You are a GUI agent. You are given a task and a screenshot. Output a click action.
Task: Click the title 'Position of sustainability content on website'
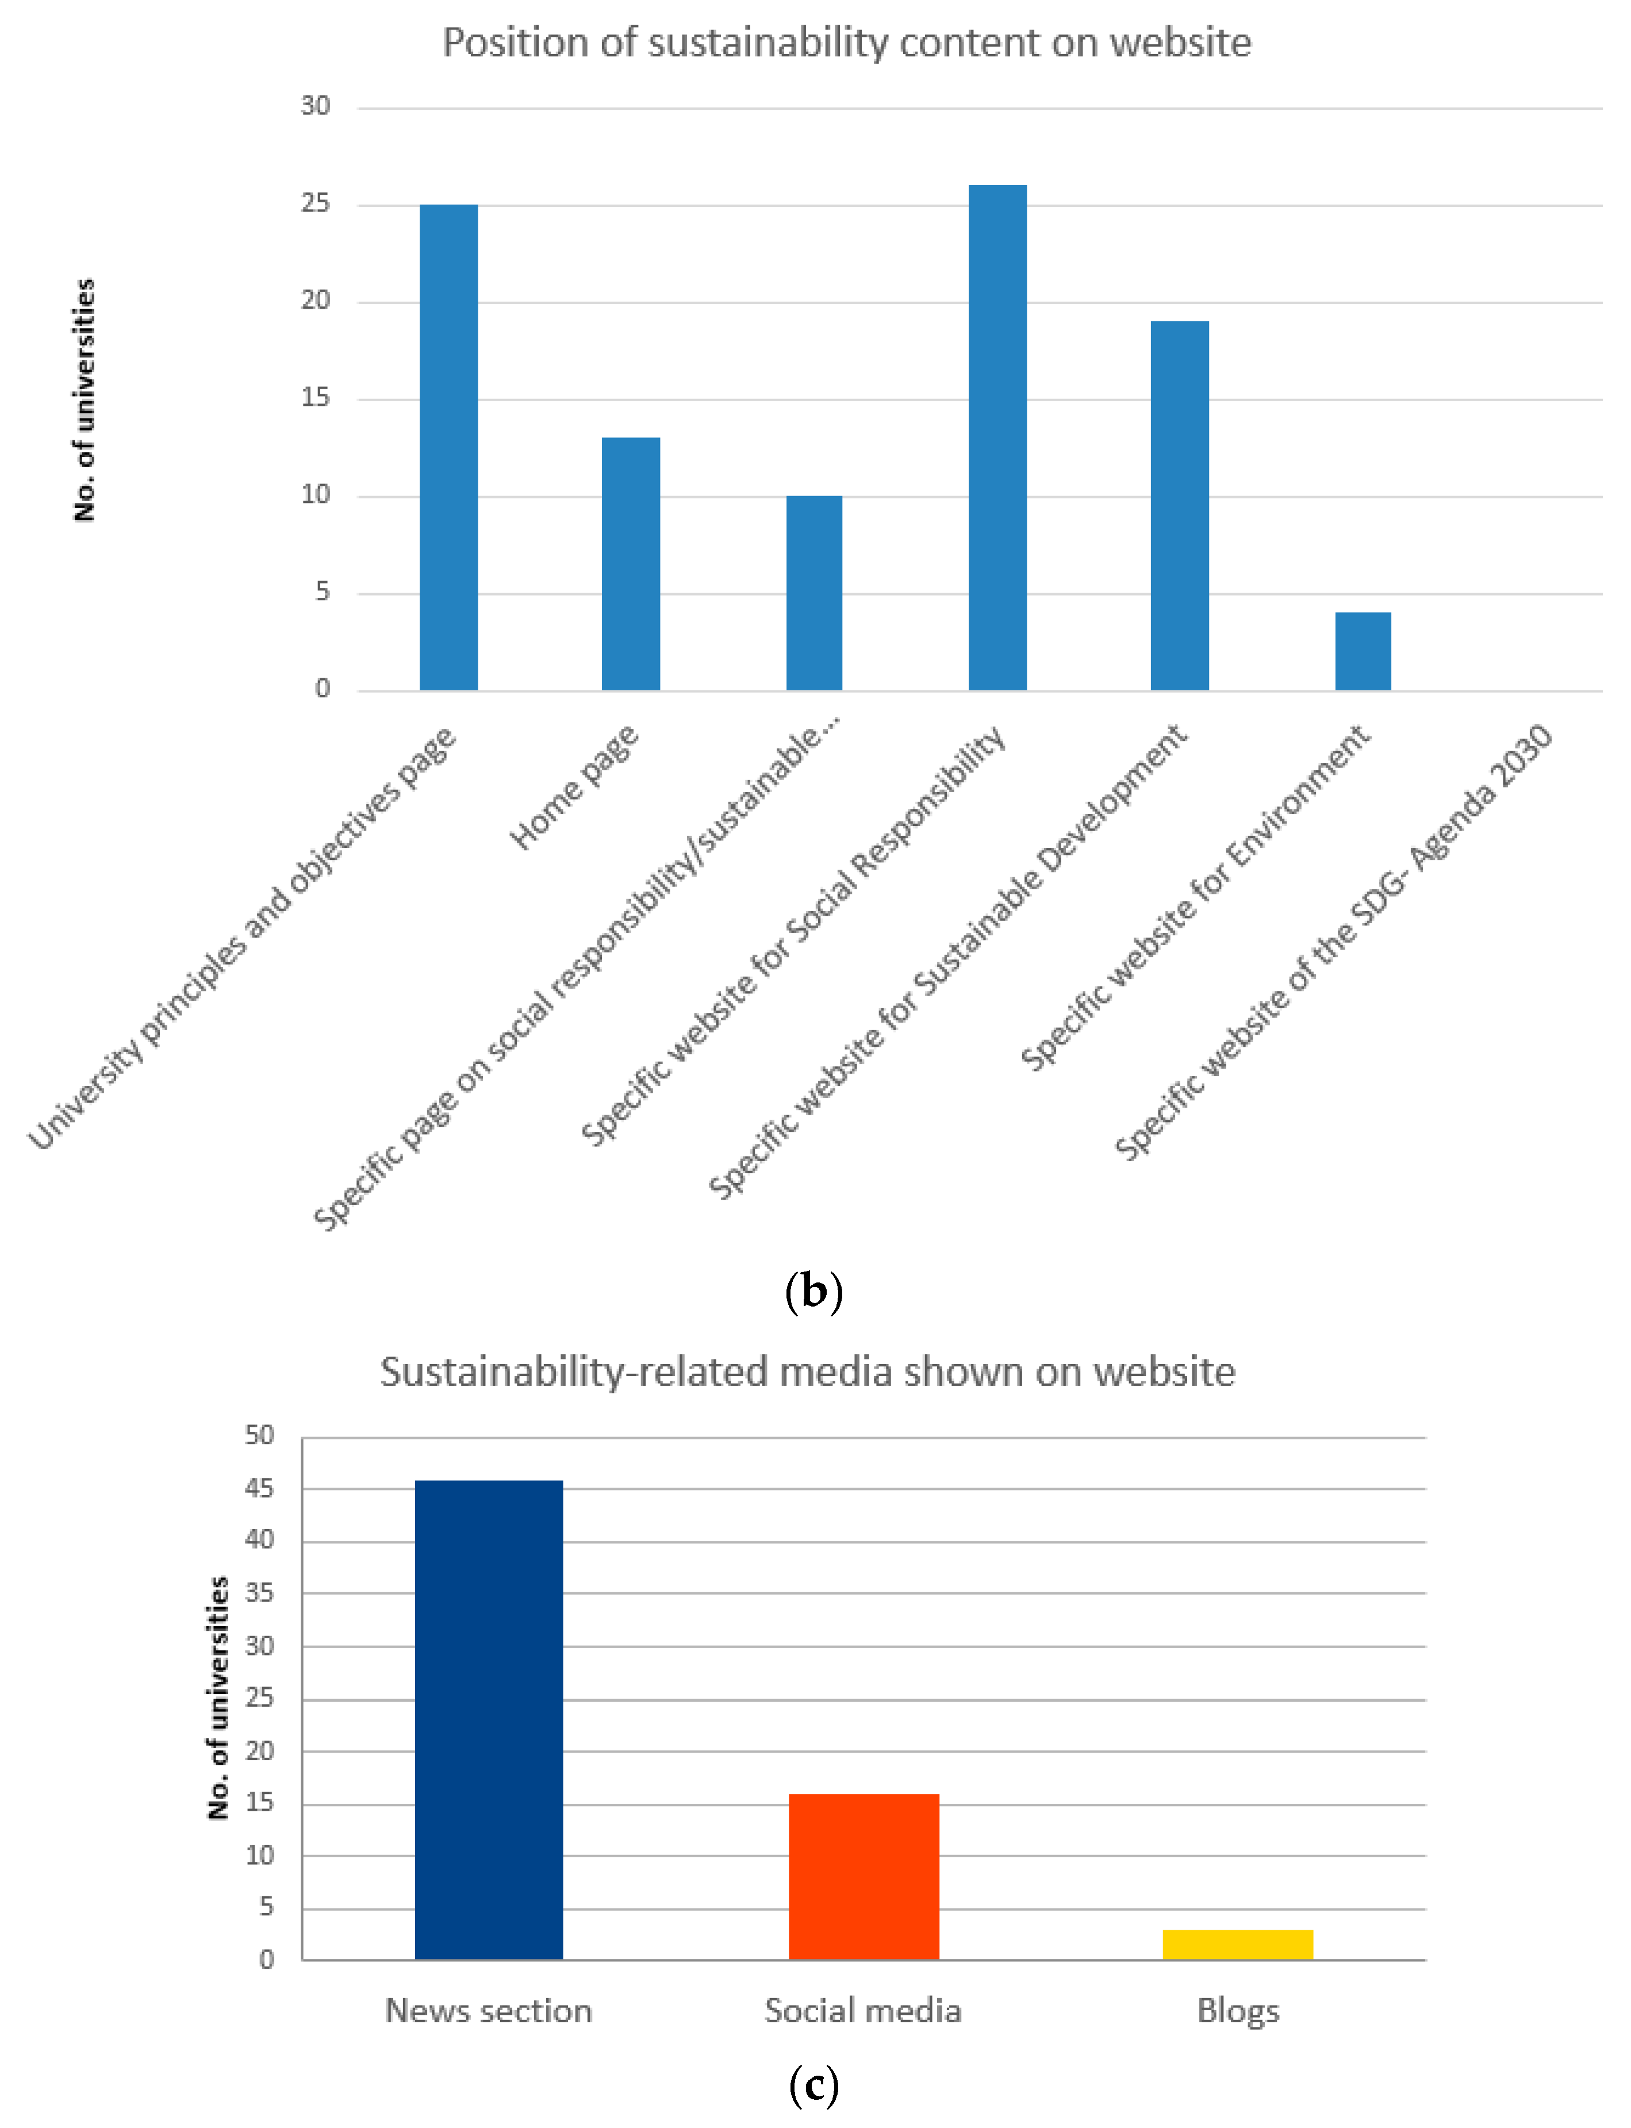847,43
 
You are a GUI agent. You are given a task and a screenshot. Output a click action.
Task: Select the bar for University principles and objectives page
448,447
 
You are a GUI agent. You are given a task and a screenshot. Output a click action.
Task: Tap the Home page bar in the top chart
631,563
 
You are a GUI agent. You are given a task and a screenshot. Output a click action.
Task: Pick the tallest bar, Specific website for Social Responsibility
997,437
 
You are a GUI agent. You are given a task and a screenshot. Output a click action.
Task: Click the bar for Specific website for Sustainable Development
1180,505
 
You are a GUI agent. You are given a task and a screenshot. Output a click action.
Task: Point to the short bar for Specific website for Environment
1363,651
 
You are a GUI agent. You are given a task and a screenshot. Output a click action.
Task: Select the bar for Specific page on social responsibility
813,592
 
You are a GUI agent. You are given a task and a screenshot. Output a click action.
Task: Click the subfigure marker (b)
813,1290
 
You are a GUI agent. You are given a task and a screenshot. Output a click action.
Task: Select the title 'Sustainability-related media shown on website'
808,1372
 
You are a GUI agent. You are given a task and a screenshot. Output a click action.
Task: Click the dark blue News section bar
488,1718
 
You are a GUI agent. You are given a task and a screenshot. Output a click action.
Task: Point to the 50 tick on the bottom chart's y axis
259,1435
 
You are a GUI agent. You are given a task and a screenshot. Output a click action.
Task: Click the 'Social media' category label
863,2010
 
